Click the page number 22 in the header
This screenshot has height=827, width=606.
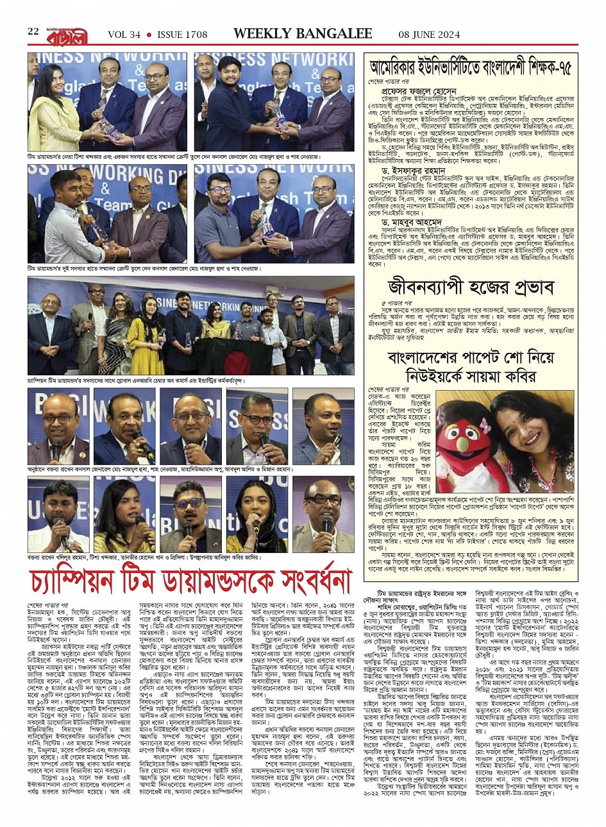tap(33, 32)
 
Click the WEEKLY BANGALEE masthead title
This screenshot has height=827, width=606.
tap(302, 33)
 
